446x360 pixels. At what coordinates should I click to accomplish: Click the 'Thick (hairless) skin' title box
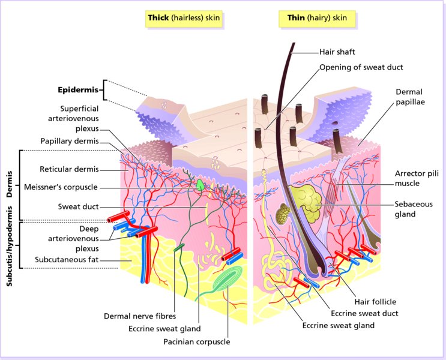[x=184, y=19]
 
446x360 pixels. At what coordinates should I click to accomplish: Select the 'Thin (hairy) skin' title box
[x=317, y=19]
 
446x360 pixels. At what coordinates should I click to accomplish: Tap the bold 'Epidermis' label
[x=77, y=91]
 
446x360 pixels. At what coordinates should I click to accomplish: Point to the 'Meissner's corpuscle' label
[x=61, y=187]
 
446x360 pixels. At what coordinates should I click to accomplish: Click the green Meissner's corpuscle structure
[x=199, y=186]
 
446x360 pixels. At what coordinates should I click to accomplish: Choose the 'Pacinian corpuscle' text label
[x=196, y=342]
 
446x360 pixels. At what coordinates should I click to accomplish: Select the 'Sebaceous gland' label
[x=413, y=208]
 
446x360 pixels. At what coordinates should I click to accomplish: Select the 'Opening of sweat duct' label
[x=361, y=67]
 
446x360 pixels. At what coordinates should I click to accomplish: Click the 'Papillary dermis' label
[x=69, y=141]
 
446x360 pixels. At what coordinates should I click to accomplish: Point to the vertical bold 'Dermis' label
[x=10, y=187]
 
